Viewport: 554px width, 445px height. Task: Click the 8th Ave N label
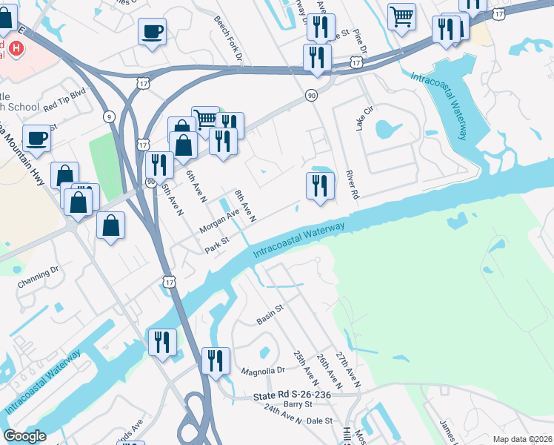245,206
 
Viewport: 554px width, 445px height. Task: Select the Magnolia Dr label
263,370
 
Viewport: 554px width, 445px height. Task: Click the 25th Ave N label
303,369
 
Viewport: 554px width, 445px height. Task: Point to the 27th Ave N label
347,370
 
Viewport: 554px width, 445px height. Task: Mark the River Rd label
352,185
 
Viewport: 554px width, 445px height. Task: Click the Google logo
24,436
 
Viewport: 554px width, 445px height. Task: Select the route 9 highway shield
110,116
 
